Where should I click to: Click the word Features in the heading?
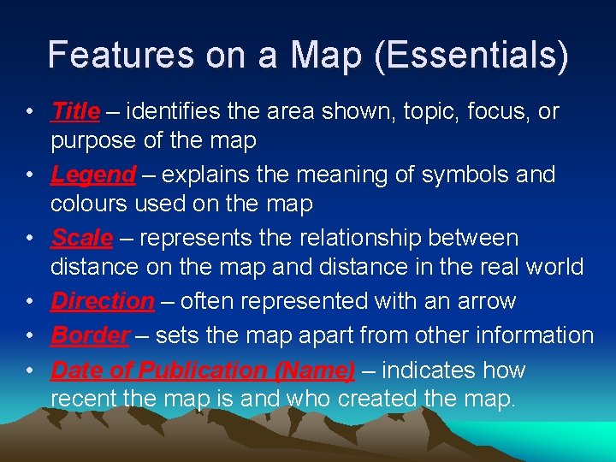(121, 55)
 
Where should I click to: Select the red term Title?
(75, 111)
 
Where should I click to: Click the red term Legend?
(93, 175)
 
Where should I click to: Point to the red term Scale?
(82, 237)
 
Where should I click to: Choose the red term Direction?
(102, 301)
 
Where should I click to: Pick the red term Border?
(90, 335)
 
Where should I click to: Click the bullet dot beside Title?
(30, 112)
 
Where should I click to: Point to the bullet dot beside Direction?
(30, 302)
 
